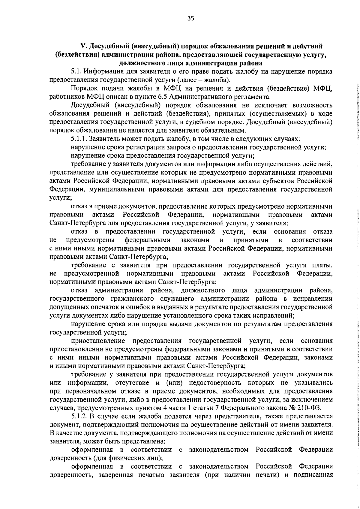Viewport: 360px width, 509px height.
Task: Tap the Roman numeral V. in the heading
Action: pyautogui.click(x=84, y=47)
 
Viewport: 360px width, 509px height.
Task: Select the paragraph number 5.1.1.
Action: pyautogui.click(x=79, y=139)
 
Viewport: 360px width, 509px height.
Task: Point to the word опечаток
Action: pyautogui.click(x=104, y=307)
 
